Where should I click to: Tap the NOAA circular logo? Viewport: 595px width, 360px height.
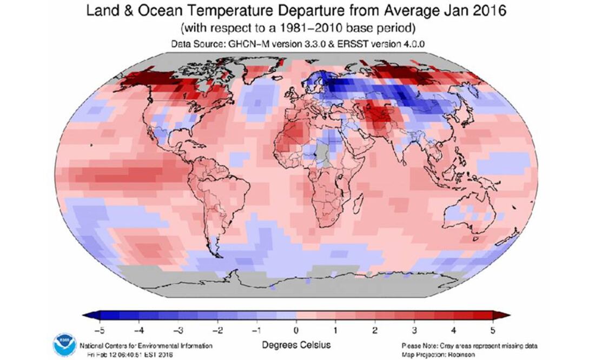(65, 344)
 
